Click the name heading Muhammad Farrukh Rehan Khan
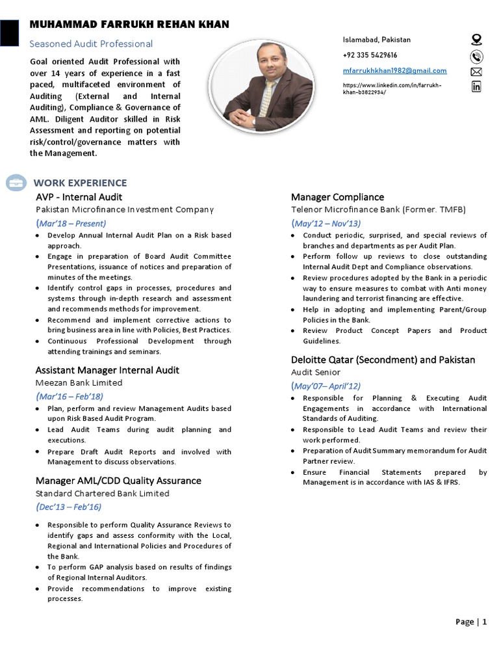tap(129, 25)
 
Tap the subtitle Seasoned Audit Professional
tap(91, 44)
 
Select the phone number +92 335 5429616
tap(370, 55)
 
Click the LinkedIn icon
tap(476, 87)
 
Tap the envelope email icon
tap(476, 71)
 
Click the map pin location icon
tap(476, 40)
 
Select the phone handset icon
tap(476, 55)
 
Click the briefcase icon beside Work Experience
tap(16, 183)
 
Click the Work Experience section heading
tap(80, 183)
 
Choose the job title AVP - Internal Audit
tap(79, 197)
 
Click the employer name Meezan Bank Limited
tap(79, 383)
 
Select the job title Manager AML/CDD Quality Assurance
tap(118, 481)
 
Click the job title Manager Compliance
tap(337, 197)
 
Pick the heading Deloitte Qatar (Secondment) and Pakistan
tap(383, 360)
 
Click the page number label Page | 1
tap(470, 622)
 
